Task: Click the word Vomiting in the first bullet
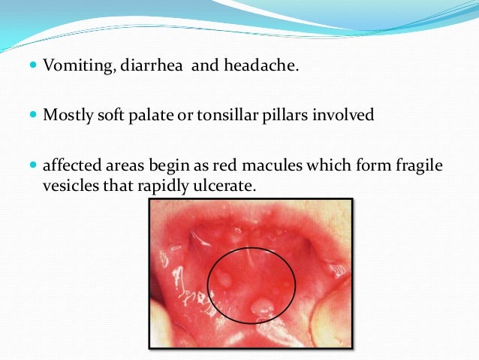pyautogui.click(x=74, y=68)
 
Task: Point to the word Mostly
pyautogui.click(x=65, y=116)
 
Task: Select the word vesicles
pyautogui.click(x=67, y=183)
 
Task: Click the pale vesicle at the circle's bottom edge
pyautogui.click(x=261, y=306)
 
